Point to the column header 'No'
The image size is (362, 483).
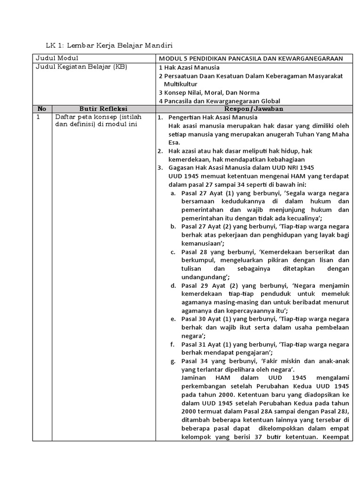pos(41,108)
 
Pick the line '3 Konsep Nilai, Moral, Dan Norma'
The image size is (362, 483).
pos(209,92)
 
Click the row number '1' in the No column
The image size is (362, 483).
pos(38,117)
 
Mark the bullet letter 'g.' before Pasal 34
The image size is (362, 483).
pos(173,361)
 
